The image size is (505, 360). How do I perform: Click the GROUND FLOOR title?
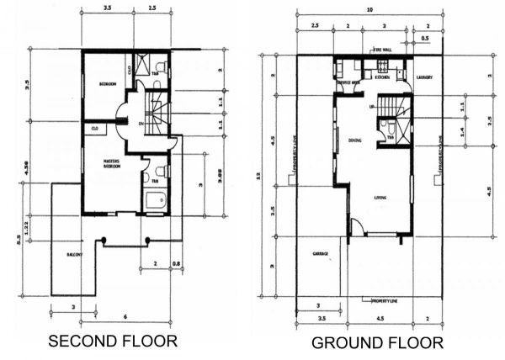377,343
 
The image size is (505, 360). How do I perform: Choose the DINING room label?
354,140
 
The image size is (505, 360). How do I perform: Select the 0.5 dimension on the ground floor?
425,38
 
